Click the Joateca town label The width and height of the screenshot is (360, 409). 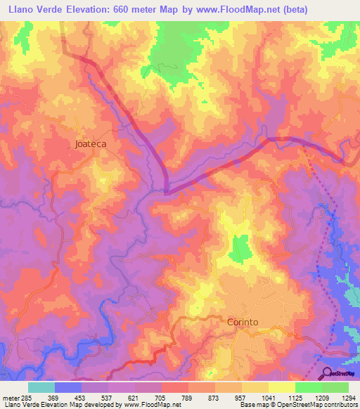click(x=90, y=144)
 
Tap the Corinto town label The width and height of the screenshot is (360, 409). click(x=243, y=322)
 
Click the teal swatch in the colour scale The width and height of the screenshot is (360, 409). click(x=41, y=387)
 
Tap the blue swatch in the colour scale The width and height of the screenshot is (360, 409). click(x=68, y=387)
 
